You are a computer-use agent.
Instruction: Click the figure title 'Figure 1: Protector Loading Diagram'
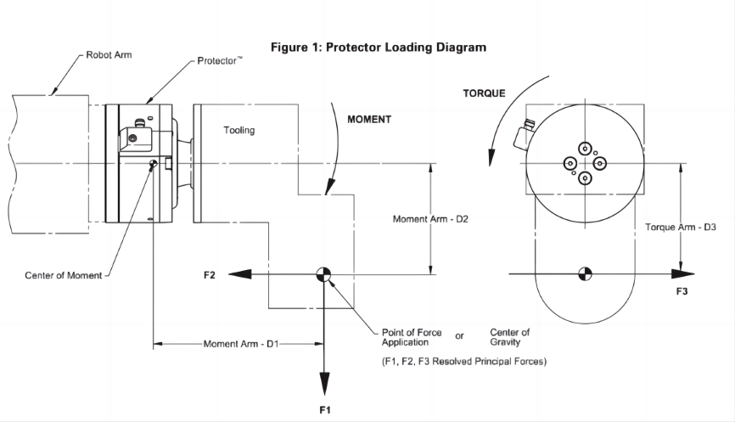click(379, 48)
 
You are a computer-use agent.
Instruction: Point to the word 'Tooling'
click(238, 131)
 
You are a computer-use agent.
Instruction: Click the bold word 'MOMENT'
click(369, 120)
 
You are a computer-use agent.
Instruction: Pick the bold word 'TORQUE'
click(485, 93)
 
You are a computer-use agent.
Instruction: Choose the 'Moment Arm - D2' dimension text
click(431, 219)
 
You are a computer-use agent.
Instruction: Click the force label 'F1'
click(324, 410)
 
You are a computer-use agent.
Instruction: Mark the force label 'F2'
click(210, 274)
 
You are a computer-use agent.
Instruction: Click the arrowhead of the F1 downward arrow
click(324, 386)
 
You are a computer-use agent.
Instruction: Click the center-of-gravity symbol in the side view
click(324, 274)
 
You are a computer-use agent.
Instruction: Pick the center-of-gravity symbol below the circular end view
click(585, 274)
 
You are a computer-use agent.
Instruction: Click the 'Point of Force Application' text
click(412, 337)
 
